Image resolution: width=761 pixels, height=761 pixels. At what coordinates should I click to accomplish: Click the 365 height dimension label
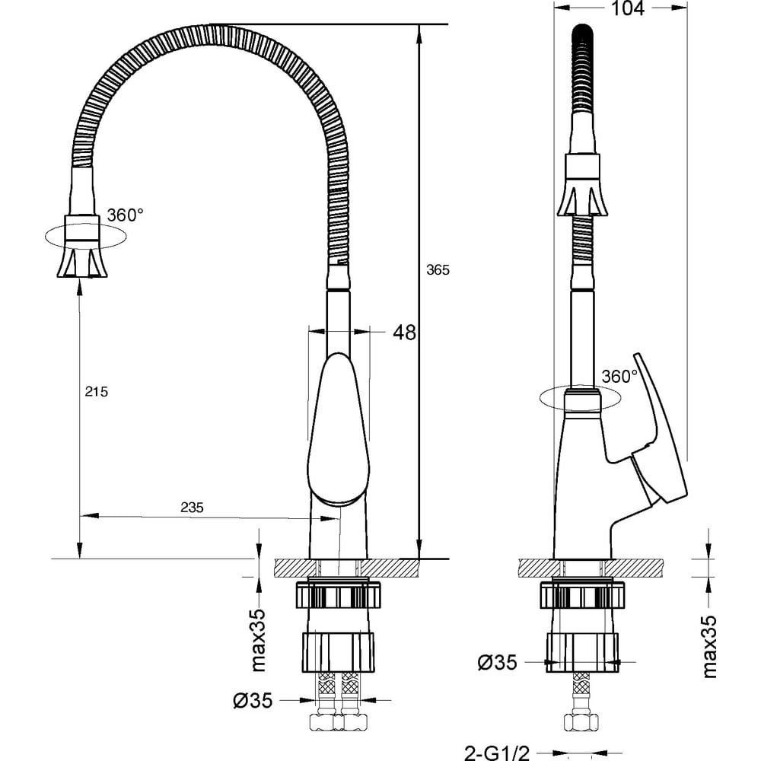pyautogui.click(x=438, y=270)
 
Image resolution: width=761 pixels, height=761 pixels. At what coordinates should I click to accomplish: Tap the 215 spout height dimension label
pyautogui.click(x=96, y=391)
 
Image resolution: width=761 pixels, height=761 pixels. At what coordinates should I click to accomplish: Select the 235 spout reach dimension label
pyautogui.click(x=192, y=507)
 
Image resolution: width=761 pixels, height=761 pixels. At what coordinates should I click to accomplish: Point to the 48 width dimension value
pyautogui.click(x=404, y=333)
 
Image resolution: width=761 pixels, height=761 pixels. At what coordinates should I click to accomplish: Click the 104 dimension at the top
pyautogui.click(x=627, y=8)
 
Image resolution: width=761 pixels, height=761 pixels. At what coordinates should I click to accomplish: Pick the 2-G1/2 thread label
pyautogui.click(x=496, y=753)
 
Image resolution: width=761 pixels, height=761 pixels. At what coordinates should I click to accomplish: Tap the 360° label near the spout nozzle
pyautogui.click(x=126, y=215)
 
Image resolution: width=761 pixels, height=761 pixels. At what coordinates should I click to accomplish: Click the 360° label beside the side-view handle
pyautogui.click(x=619, y=376)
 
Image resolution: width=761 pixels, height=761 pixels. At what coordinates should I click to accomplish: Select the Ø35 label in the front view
pyautogui.click(x=253, y=700)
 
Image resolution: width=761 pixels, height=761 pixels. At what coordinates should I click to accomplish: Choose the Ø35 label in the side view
pyautogui.click(x=497, y=662)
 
